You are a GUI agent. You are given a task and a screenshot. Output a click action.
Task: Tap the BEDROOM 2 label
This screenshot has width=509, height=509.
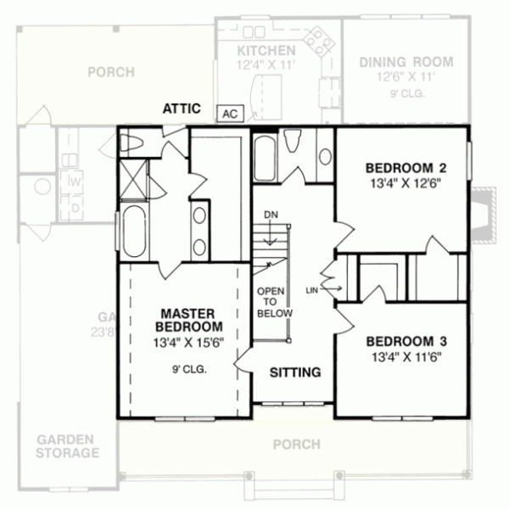click(x=406, y=166)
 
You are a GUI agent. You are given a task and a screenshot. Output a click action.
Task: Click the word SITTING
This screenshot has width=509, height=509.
click(x=294, y=372)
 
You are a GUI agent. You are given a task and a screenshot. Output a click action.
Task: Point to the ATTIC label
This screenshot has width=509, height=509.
click(x=182, y=108)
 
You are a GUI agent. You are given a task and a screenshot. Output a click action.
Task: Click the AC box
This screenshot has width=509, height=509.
click(x=228, y=111)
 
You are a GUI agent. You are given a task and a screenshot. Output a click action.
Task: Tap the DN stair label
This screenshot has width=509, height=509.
click(x=270, y=215)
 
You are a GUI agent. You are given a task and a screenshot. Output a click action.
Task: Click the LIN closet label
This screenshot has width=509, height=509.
click(x=311, y=290)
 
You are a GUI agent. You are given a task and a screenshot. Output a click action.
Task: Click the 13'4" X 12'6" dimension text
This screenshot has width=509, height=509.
click(x=406, y=182)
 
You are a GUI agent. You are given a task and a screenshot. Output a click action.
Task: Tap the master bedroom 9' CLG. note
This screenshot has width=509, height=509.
click(x=188, y=370)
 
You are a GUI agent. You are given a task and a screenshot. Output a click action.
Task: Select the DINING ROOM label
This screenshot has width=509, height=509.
click(x=406, y=62)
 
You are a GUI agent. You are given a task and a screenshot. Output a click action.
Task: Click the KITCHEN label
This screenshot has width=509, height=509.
click(x=266, y=51)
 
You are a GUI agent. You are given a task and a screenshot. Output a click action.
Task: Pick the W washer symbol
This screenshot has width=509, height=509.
click(x=75, y=182)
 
